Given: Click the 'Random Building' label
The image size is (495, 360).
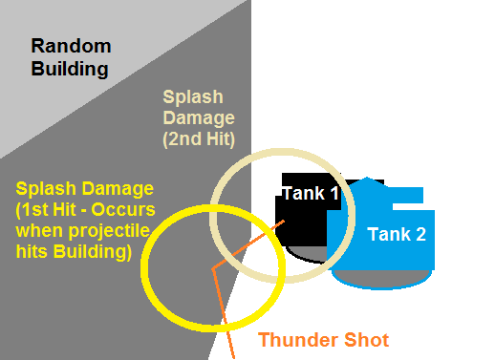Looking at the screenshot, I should (71, 56).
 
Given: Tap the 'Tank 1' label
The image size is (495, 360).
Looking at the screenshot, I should (311, 193).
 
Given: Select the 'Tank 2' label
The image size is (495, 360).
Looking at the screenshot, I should (397, 234).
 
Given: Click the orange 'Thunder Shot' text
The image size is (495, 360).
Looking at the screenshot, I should (324, 339).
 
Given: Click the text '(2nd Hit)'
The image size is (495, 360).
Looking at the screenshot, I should (199, 139).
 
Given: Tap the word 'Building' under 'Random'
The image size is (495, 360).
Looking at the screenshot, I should (71, 68).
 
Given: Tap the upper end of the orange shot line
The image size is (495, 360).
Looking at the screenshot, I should (284, 223).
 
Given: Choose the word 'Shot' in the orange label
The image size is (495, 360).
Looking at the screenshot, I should (367, 339).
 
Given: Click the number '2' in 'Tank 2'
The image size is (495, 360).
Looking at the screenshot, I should (420, 234).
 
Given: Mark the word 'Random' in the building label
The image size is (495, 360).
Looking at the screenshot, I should (71, 45).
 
